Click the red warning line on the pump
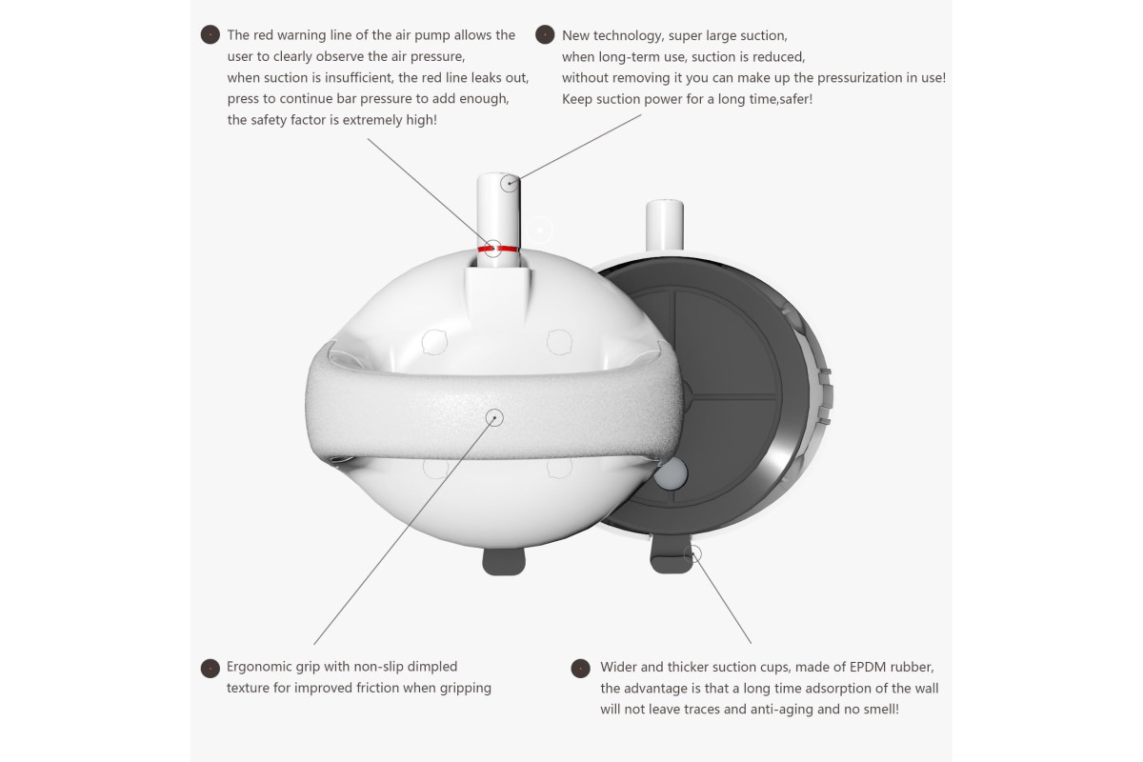[497, 249]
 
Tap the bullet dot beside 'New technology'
[545, 34]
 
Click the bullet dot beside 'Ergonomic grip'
[211, 668]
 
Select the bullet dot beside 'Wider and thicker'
[580, 668]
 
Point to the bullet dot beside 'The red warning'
[211, 34]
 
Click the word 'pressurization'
[860, 78]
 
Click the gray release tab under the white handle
[504, 561]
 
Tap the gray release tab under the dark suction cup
[671, 559]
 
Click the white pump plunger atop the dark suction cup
[665, 225]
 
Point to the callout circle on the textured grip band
[494, 417]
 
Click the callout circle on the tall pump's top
[510, 183]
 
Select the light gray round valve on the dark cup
[670, 472]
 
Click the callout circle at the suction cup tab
[693, 554]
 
